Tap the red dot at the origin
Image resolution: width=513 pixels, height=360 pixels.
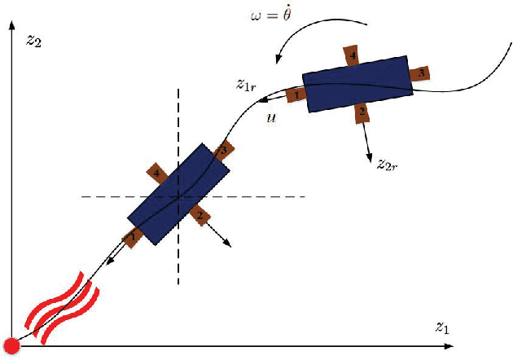coord(11,345)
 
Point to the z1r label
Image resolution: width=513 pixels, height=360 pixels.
coord(248,83)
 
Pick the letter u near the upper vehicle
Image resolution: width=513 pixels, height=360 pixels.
coord(270,117)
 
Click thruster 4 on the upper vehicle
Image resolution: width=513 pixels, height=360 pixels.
coord(352,56)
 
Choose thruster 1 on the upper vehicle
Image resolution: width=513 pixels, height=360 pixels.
coord(296,95)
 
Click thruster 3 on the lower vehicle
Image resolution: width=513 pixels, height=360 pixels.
coord(223,151)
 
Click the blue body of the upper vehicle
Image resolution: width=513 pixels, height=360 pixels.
coord(357,83)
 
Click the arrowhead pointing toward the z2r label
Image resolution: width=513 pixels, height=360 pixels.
coord(372,155)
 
